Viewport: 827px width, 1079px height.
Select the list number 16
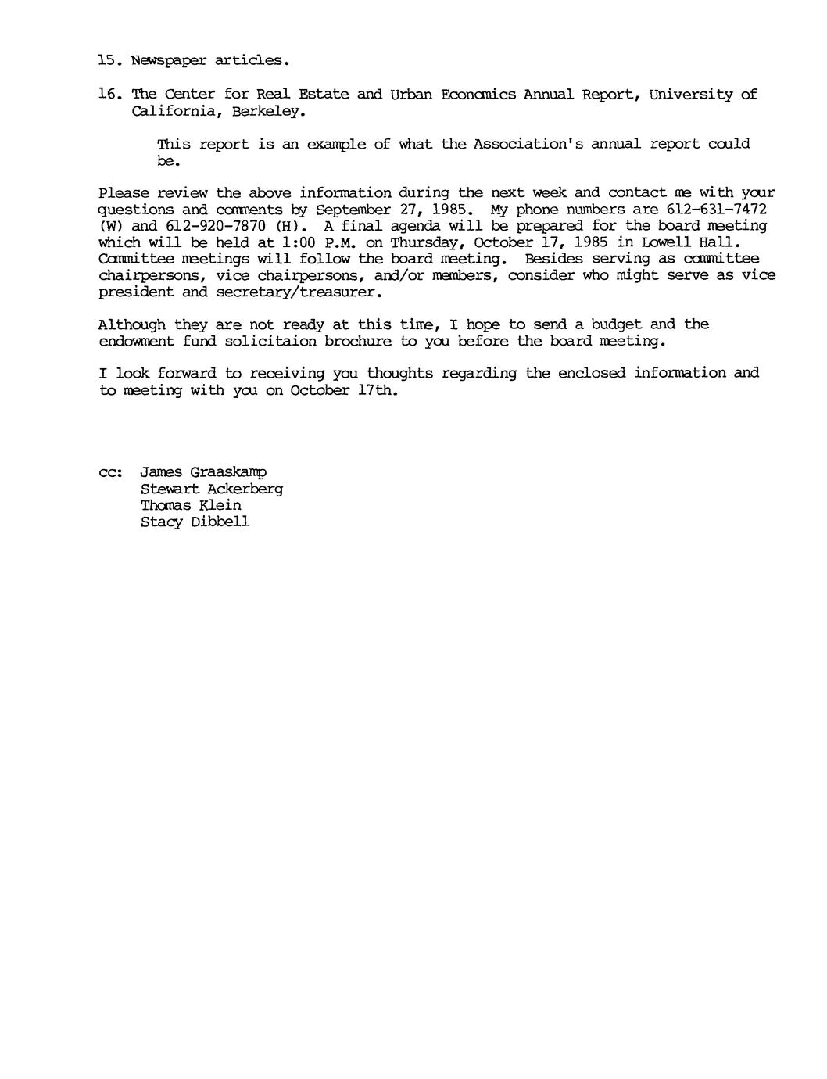pyautogui.click(x=109, y=94)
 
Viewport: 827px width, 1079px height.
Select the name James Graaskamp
pyautogui.click(x=203, y=473)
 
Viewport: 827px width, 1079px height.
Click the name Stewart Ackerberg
pyautogui.click(x=211, y=489)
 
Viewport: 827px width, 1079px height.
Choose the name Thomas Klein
pyautogui.click(x=191, y=506)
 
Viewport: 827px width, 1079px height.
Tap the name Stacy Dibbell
pyautogui.click(x=195, y=522)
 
